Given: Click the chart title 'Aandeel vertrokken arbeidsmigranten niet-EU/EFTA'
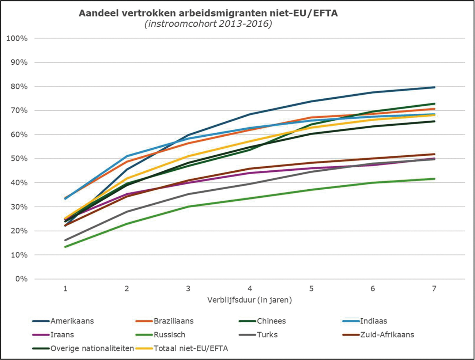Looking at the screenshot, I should pos(208,14).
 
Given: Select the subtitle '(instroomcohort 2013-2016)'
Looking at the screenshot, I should pos(208,24).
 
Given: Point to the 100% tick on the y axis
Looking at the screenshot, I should pos(17,38).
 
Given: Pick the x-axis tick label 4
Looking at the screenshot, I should pos(250,289).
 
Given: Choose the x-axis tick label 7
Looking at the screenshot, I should pos(434,289).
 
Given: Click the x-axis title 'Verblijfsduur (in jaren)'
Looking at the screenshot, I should pos(249,300).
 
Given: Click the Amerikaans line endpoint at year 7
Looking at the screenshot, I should pos(434,87).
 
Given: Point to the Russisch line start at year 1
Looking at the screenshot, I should pos(65,247).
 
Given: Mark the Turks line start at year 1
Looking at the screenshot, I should pos(65,240).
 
